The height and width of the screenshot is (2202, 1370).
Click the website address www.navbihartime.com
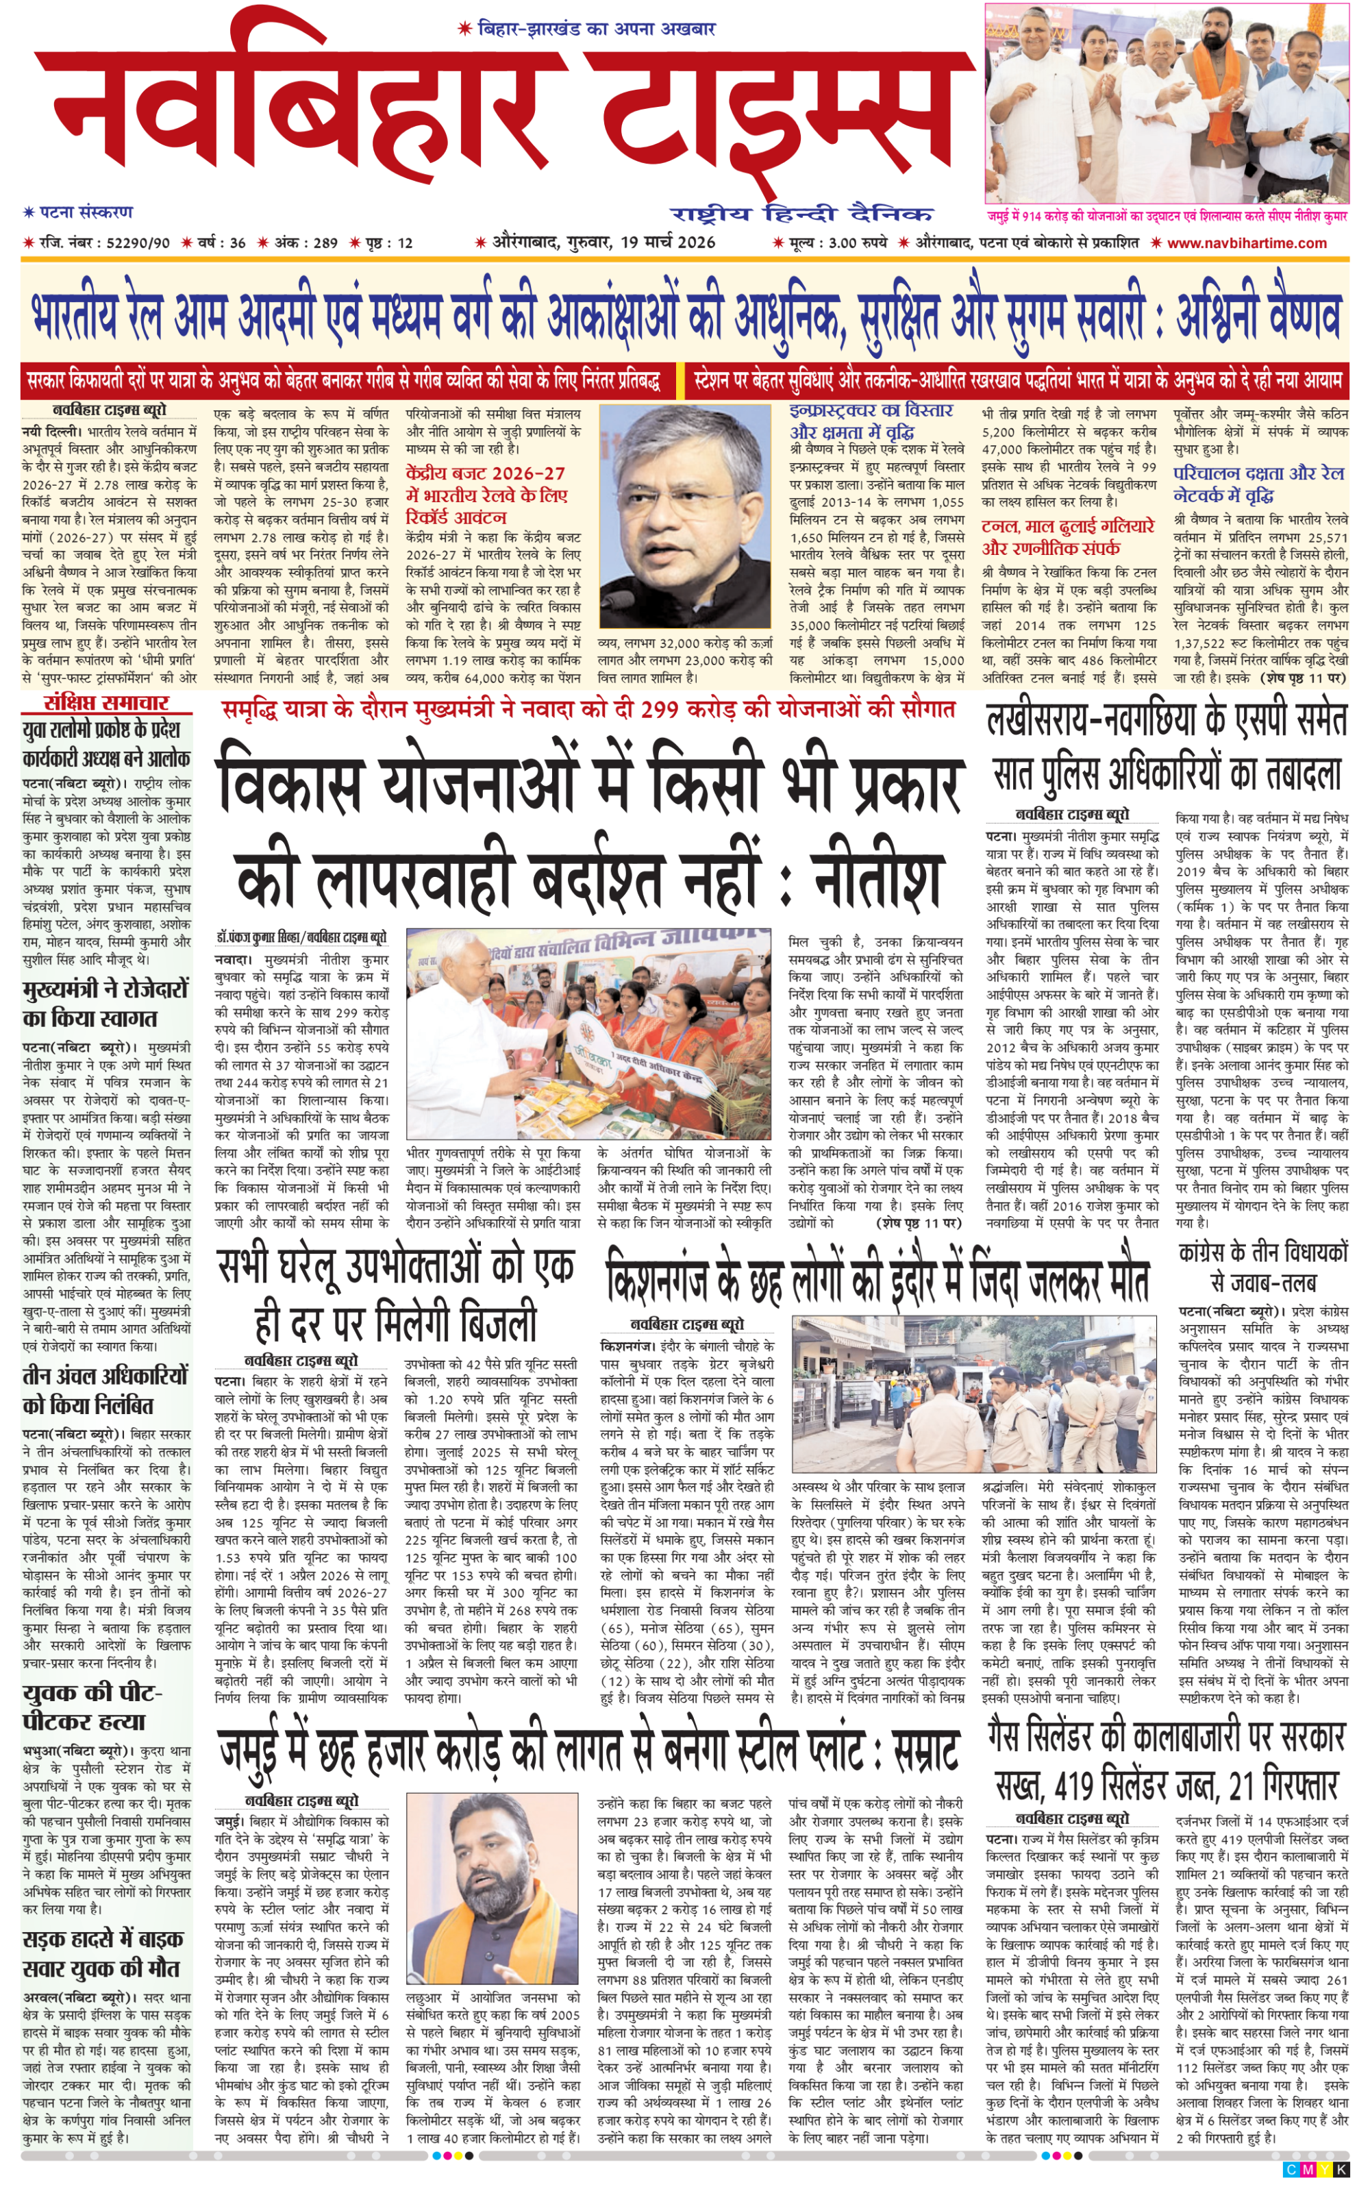point(1247,243)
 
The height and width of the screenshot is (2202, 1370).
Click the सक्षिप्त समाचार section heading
point(107,702)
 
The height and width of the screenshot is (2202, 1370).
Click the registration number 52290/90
point(138,243)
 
